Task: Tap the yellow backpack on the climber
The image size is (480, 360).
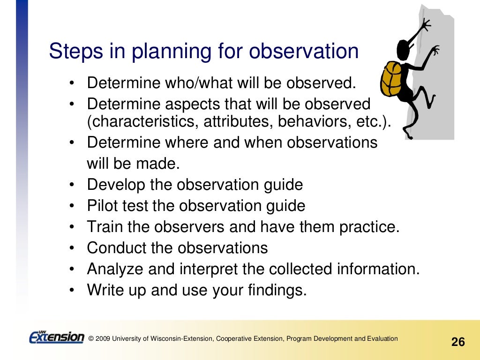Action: pyautogui.click(x=392, y=78)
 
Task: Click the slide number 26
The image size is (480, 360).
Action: pyautogui.click(x=457, y=342)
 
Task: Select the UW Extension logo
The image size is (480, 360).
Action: pyautogui.click(x=56, y=337)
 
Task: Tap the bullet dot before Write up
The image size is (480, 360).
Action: pyautogui.click(x=72, y=291)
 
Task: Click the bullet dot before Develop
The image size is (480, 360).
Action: pyautogui.click(x=72, y=185)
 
